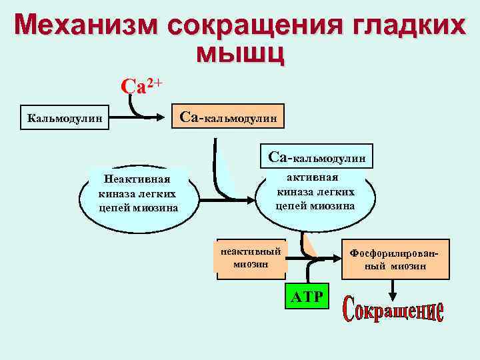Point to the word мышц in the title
pos(241,54)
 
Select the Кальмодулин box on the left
pos(65,119)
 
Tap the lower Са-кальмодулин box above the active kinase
pos(317,157)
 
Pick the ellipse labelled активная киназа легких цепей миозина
pos(315,193)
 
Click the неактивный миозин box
pos(251,257)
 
